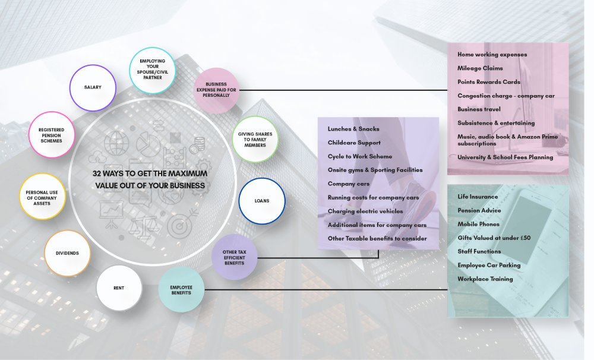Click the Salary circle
[93, 87]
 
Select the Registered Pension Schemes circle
[52, 134]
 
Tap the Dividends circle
[67, 253]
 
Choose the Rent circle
[119, 288]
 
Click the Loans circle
[262, 201]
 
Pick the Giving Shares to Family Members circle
[255, 139]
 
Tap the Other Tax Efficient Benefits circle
[234, 257]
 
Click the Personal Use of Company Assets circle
[42, 196]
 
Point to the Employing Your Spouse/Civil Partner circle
[153, 71]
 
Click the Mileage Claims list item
[480, 68]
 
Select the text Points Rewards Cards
[488, 82]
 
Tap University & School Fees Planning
[505, 157]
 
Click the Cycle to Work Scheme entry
[359, 156]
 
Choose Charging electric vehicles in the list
[365, 211]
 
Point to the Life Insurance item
[478, 197]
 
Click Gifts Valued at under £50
[494, 238]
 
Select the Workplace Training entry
[485, 279]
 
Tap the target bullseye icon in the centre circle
[178, 226]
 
